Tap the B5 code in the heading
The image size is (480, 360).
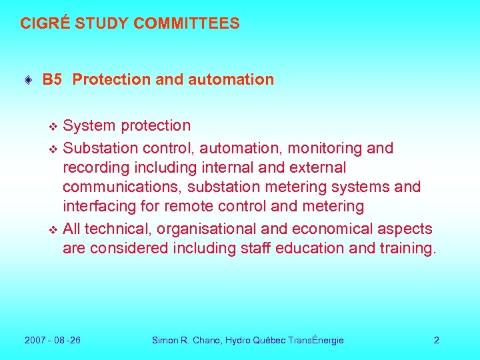[x=52, y=79]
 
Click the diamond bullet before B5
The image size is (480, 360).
[x=27, y=80]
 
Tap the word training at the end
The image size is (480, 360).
[x=406, y=249]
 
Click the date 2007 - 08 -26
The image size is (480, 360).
[x=53, y=340]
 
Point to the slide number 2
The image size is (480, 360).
[x=437, y=340]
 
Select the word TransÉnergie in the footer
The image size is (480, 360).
[x=316, y=340]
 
